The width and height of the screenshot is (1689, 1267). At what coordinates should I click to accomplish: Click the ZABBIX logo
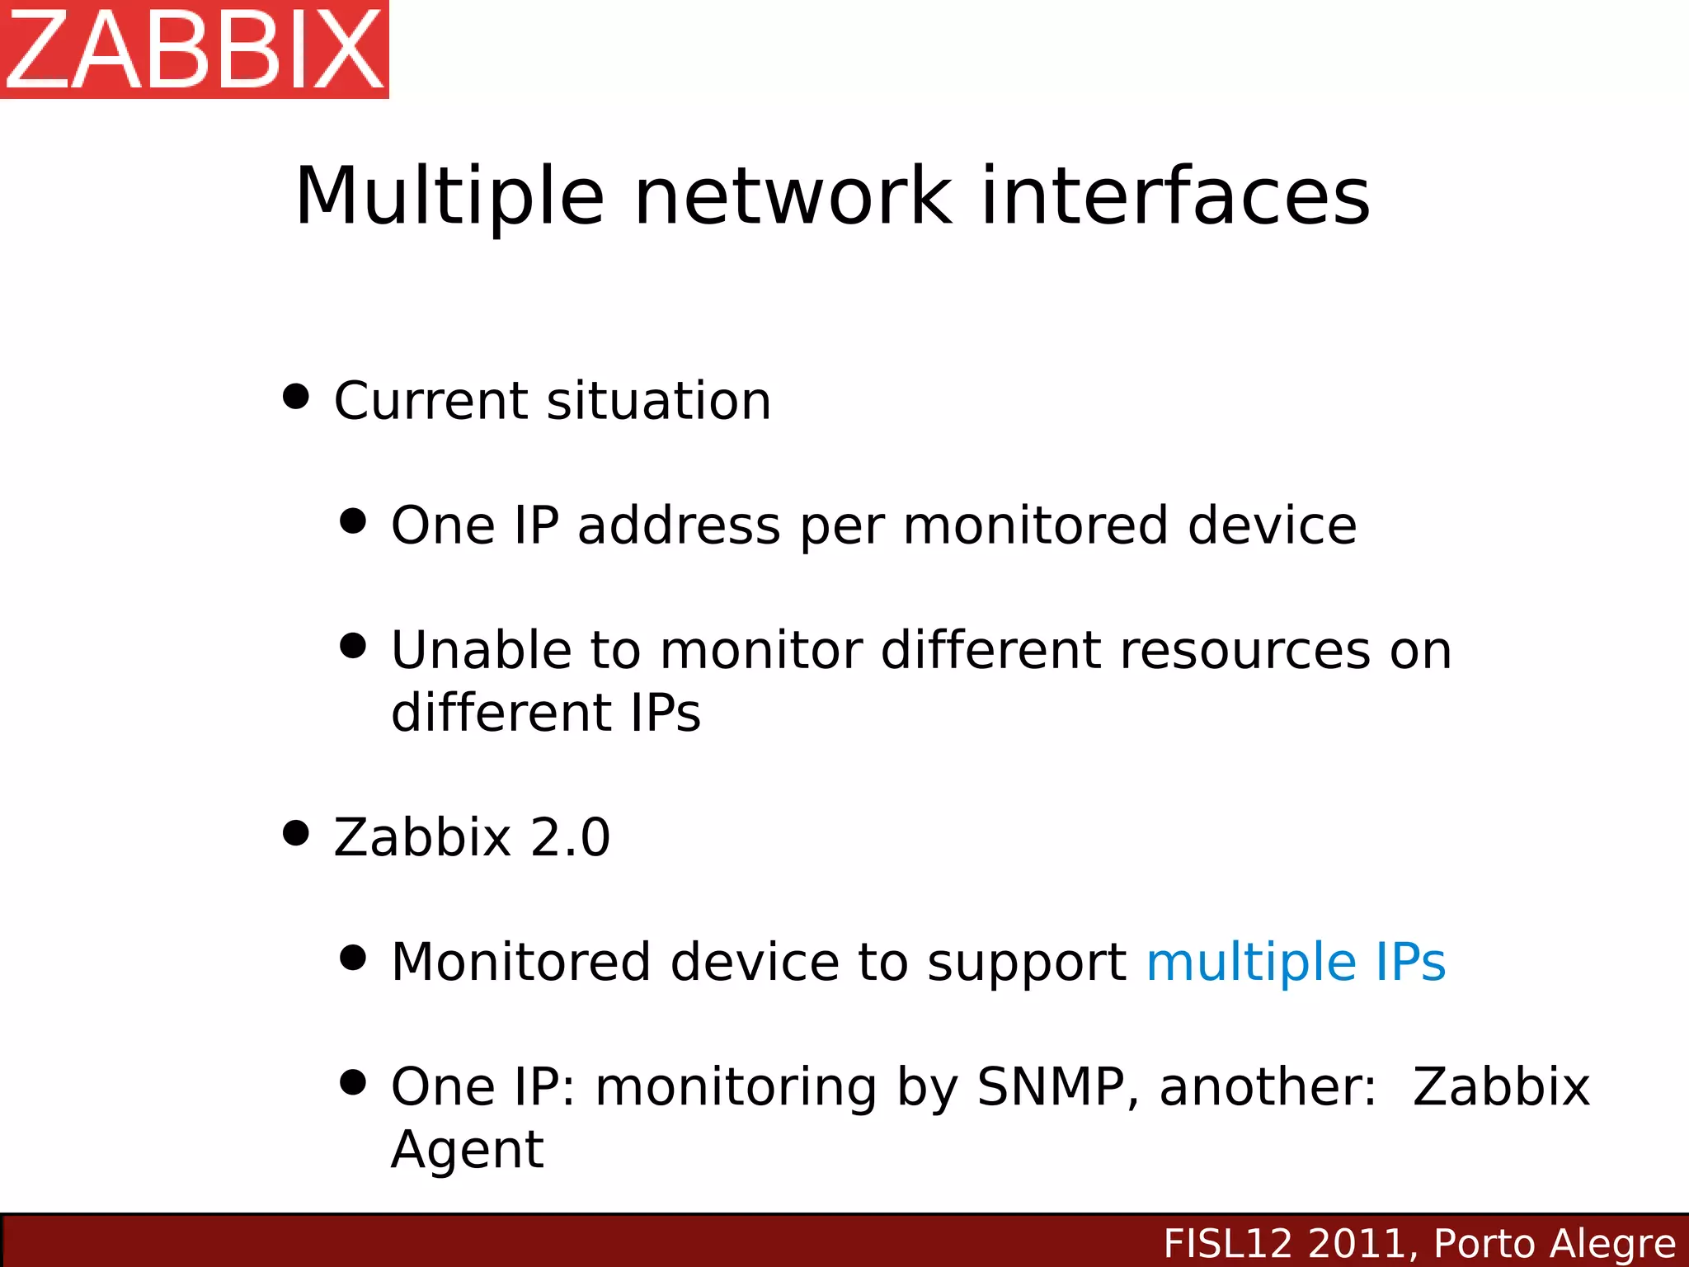[194, 49]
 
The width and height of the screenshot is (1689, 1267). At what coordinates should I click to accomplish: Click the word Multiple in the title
[449, 198]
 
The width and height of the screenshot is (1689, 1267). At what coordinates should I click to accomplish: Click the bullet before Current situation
[295, 396]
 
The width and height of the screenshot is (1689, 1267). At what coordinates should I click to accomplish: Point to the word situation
[658, 402]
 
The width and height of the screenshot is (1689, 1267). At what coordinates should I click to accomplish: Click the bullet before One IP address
[353, 521]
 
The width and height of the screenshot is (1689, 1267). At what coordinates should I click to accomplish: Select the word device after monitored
[1272, 526]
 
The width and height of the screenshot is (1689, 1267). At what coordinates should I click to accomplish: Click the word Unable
[481, 651]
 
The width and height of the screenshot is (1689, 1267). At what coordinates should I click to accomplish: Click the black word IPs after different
[665, 714]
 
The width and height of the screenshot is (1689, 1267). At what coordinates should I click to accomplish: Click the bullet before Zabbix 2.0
[295, 833]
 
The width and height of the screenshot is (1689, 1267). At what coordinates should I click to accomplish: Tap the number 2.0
[570, 838]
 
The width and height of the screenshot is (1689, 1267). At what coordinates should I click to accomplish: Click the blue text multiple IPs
[1296, 963]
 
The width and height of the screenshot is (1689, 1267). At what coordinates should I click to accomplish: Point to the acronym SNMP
[1051, 1087]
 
